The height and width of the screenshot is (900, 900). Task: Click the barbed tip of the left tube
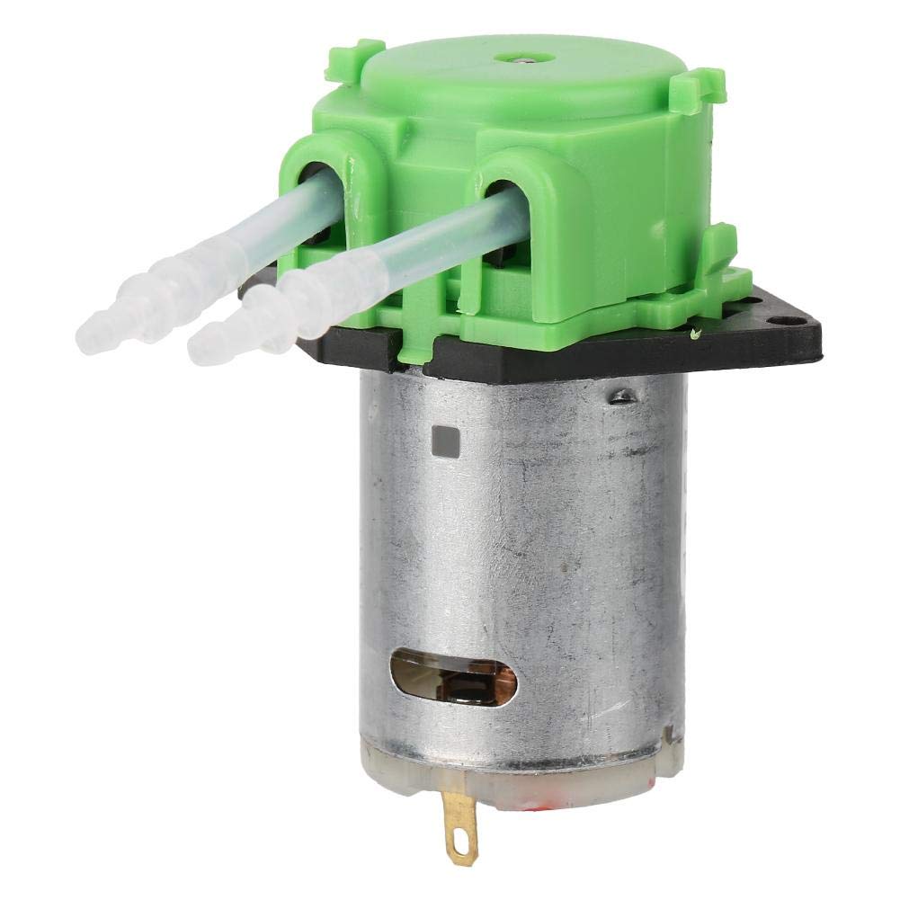click(x=97, y=319)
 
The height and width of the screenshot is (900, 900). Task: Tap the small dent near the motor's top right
click(x=619, y=395)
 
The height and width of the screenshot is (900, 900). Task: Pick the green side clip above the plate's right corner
click(x=719, y=253)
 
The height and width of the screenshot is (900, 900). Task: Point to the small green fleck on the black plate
click(x=696, y=334)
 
